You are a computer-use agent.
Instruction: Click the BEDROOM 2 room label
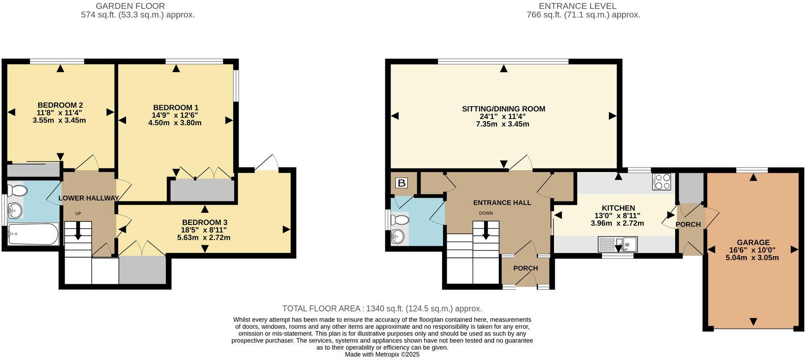click(60, 105)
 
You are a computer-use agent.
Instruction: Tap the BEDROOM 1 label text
click(176, 107)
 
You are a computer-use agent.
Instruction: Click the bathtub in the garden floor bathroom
click(33, 234)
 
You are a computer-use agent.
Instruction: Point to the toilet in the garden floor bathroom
click(17, 191)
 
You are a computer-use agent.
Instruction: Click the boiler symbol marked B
click(402, 183)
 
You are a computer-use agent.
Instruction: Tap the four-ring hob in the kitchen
click(662, 182)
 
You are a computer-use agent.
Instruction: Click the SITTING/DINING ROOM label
click(503, 109)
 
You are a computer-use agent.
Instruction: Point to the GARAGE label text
click(753, 242)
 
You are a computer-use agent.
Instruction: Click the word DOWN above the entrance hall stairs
click(486, 213)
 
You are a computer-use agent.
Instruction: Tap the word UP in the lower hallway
click(78, 213)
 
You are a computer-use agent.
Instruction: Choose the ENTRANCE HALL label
click(502, 203)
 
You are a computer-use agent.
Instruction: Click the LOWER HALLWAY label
click(89, 198)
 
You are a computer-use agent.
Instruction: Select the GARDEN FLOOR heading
click(130, 6)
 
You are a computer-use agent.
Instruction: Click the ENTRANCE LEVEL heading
click(577, 6)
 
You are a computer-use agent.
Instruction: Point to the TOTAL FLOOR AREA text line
click(382, 308)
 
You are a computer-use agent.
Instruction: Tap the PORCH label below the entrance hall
click(526, 268)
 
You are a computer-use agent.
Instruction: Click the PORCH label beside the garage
click(688, 225)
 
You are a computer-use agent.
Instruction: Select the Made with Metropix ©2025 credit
click(382, 355)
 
